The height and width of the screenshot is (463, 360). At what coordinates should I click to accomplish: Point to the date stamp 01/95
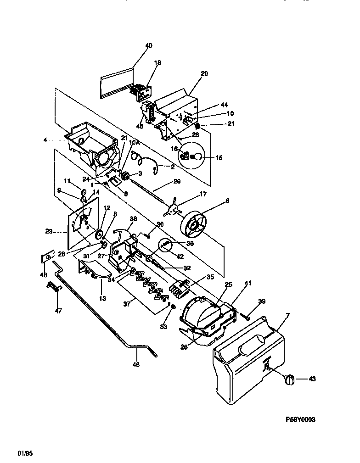point(25,453)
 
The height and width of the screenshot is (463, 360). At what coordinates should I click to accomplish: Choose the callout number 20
point(204,73)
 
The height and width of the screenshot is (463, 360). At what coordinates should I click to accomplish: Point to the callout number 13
point(102,298)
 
